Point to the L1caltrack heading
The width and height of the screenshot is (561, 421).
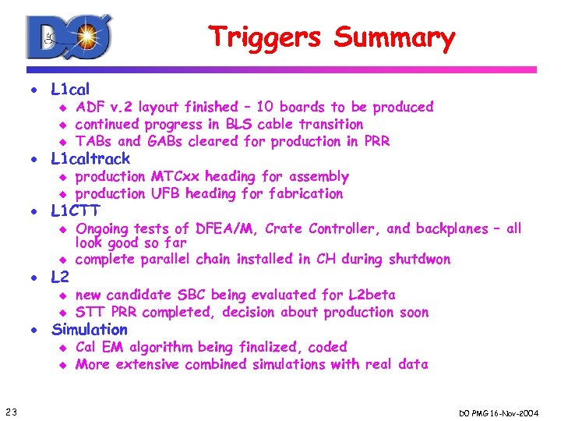click(x=90, y=159)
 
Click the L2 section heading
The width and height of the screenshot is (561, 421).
click(x=60, y=276)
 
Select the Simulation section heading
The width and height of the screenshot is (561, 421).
click(x=89, y=329)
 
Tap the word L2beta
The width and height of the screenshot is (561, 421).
click(x=370, y=295)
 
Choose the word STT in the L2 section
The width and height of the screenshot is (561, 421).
click(x=90, y=312)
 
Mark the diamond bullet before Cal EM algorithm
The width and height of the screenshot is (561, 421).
click(x=65, y=348)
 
